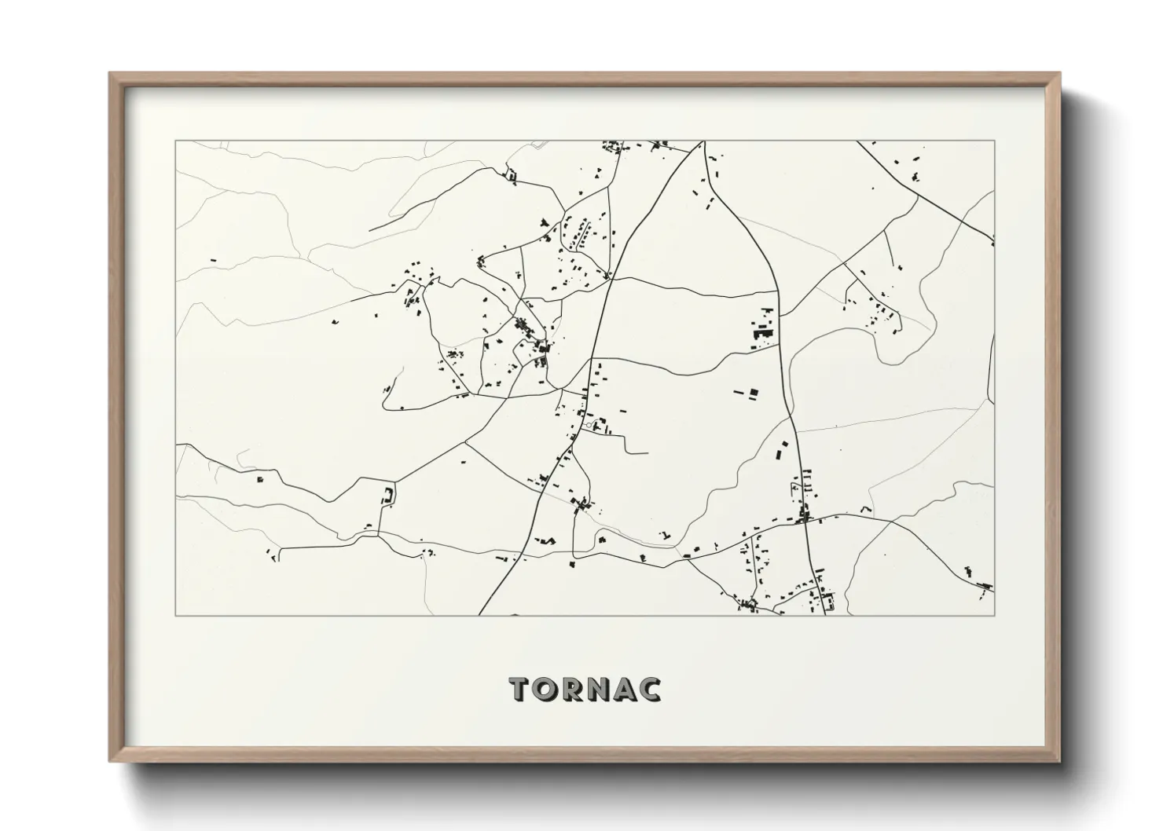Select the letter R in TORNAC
575,689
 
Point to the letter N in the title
601,689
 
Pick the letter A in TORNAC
627,689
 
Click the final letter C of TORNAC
651,689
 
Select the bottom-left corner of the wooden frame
110,761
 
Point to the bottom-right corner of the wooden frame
1060,761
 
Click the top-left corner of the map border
175,141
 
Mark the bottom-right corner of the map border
995,615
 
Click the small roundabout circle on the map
589,425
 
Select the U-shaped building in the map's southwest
387,495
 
